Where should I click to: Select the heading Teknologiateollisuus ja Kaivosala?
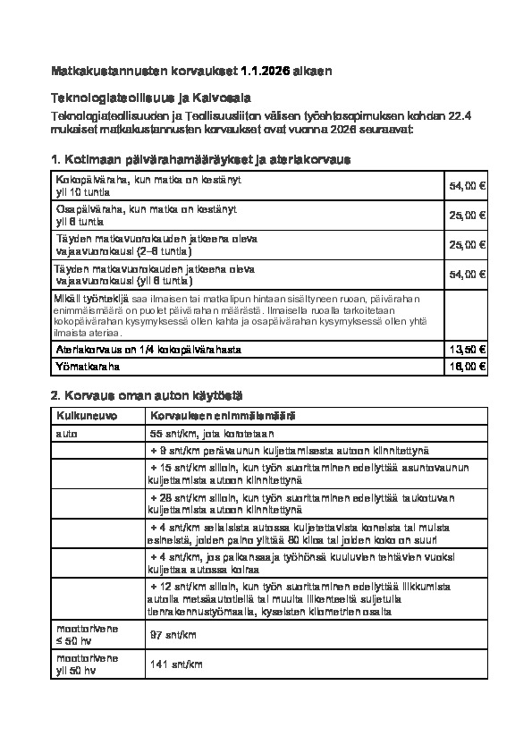tap(150, 97)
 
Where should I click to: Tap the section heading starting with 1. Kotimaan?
tap(202, 159)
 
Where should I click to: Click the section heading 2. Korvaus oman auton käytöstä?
tap(148, 394)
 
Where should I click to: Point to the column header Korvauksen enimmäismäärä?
tap(223, 417)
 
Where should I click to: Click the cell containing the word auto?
tap(67, 433)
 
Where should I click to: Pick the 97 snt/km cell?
tap(173, 635)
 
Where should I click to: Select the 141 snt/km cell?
tap(174, 664)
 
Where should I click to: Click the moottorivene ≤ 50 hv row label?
tap(86, 635)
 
